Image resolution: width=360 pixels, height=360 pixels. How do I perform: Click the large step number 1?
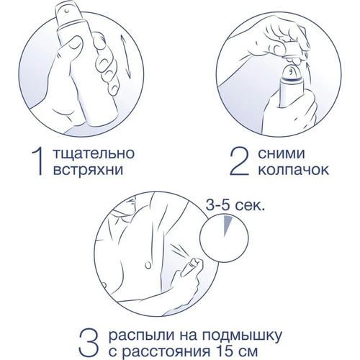(x=39, y=161)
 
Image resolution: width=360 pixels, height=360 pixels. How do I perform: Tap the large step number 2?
(x=239, y=161)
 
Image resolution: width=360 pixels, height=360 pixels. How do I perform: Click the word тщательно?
(x=93, y=154)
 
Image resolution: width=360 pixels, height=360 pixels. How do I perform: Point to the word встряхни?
(x=88, y=170)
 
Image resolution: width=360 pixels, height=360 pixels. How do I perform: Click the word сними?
(x=282, y=153)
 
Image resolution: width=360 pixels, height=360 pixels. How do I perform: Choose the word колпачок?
(x=293, y=170)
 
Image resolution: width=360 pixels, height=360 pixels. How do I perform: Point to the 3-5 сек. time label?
(x=235, y=205)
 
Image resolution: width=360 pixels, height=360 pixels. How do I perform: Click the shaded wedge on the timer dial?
(x=227, y=225)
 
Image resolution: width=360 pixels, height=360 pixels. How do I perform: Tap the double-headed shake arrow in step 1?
(x=125, y=56)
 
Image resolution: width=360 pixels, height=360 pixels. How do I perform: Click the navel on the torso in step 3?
(x=148, y=265)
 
